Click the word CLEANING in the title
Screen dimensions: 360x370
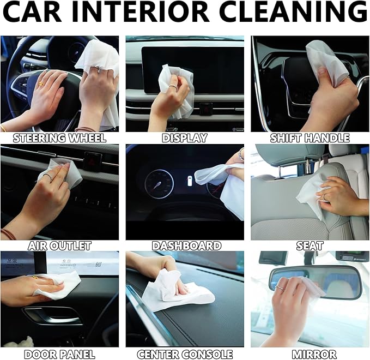305,13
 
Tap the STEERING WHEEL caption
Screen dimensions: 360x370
59,138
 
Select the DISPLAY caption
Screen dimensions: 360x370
185,138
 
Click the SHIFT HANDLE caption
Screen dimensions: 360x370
310,138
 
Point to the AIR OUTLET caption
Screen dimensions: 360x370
59,246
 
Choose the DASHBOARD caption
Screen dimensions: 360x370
185,246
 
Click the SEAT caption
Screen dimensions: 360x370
310,246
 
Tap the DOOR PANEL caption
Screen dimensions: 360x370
59,354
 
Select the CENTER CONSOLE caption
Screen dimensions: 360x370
185,354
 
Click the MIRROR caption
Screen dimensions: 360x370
310,354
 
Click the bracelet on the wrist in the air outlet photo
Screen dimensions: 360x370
7,234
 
